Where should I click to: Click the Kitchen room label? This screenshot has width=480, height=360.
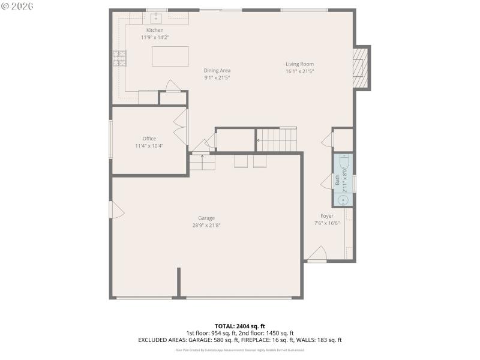pyautogui.click(x=155, y=30)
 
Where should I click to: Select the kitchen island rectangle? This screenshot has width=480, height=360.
pyautogui.click(x=170, y=56)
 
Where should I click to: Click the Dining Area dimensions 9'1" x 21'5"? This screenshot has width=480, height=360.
pyautogui.click(x=217, y=77)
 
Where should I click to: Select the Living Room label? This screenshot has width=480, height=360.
pyautogui.click(x=299, y=64)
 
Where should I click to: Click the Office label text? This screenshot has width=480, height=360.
pyautogui.click(x=149, y=139)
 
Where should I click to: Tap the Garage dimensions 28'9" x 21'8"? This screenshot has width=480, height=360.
pyautogui.click(x=206, y=226)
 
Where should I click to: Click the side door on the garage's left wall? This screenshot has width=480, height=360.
pyautogui.click(x=117, y=209)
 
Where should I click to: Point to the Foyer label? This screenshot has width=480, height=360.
pyautogui.click(x=327, y=216)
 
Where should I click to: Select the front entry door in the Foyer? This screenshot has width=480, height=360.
pyautogui.click(x=317, y=255)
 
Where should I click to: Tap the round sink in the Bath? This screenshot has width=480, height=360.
pyautogui.click(x=343, y=200)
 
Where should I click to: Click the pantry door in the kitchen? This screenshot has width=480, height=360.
pyautogui.click(x=173, y=87)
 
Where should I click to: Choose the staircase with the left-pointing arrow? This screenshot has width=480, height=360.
pyautogui.click(x=277, y=140)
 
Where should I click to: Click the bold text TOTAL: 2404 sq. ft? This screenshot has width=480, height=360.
pyautogui.click(x=240, y=326)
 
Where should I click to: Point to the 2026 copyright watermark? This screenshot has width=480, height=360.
pyautogui.click(x=17, y=6)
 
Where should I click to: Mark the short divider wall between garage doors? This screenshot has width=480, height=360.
pyautogui.click(x=179, y=282)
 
